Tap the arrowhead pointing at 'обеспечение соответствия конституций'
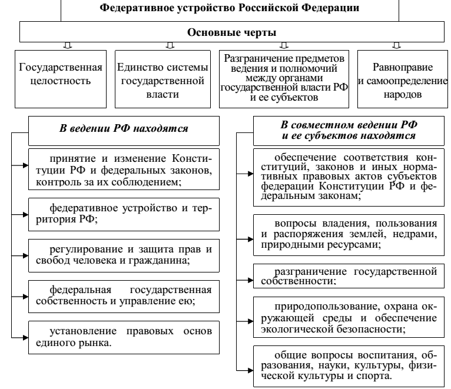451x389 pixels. (250, 174)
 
